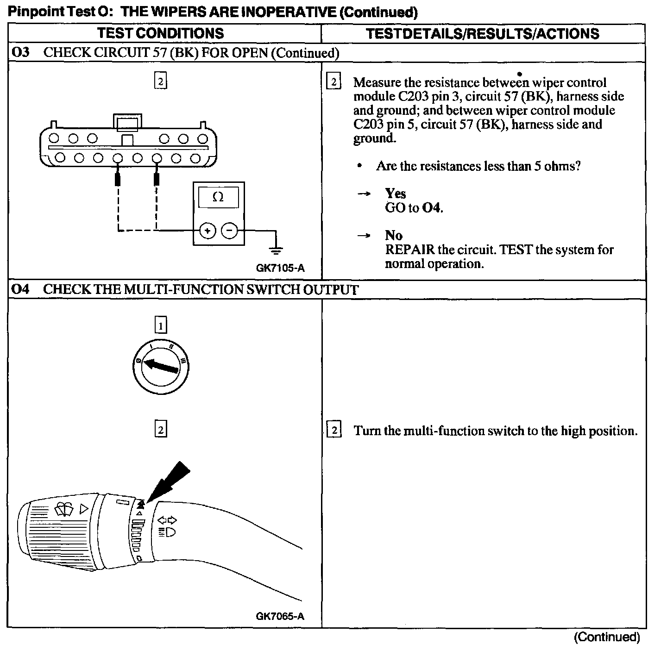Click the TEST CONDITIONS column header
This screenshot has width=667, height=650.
point(160,33)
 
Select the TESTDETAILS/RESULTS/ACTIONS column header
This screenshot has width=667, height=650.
point(483,33)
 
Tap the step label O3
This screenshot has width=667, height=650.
point(21,52)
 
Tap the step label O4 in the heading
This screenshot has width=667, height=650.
point(21,289)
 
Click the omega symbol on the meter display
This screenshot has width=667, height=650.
point(218,197)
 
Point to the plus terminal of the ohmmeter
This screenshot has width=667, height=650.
point(208,230)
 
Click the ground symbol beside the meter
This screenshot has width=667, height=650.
point(276,250)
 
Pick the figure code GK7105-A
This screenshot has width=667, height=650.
point(280,268)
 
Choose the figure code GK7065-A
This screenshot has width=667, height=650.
point(280,616)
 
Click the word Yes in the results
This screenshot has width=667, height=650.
point(395,194)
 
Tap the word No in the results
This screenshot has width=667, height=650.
point(394,236)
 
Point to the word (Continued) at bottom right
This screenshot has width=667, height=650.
point(607,637)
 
